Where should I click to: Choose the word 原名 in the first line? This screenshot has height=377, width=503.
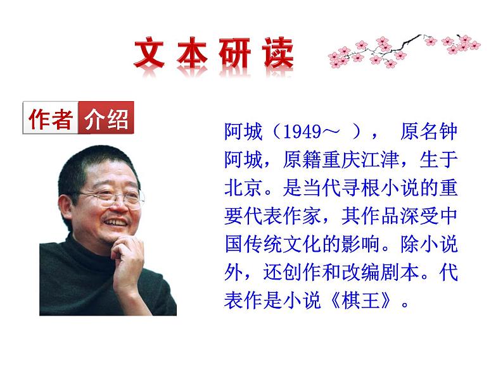(418, 133)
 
